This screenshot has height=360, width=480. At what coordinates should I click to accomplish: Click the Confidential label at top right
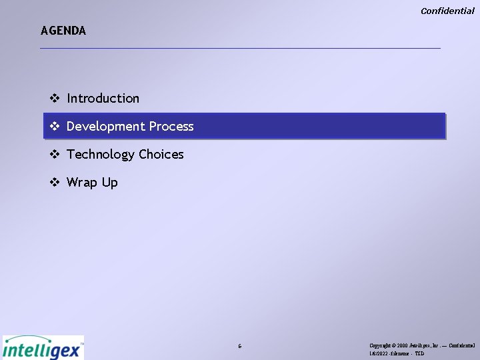447,11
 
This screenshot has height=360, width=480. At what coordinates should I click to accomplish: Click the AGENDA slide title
63,31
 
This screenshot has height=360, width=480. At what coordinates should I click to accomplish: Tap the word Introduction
103,99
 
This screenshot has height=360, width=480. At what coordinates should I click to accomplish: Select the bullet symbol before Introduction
55,99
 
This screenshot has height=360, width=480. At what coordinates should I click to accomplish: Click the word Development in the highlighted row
105,127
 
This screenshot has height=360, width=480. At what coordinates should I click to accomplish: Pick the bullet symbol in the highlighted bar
55,127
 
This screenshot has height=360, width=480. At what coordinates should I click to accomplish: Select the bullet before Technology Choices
55,155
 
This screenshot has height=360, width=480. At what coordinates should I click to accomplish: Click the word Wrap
82,183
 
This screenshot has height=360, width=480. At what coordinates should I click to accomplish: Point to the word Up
110,183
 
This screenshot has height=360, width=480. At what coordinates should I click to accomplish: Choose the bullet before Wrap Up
55,183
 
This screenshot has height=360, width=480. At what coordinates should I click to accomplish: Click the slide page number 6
240,347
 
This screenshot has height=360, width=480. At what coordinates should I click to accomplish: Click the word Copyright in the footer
381,346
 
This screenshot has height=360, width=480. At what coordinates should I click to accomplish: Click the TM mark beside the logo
82,344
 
